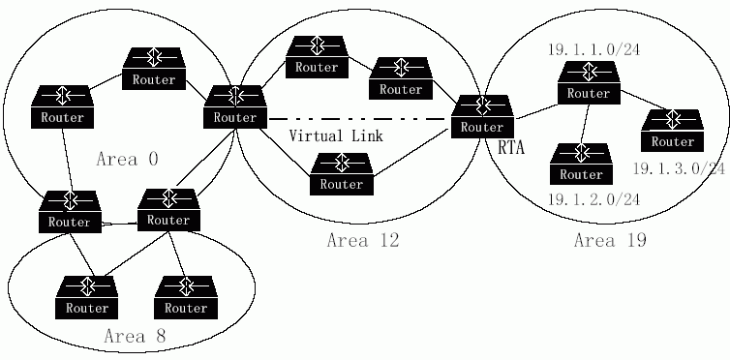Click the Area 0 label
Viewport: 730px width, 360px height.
[127, 160]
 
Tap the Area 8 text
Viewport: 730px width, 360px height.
[135, 336]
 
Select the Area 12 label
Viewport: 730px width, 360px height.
[363, 240]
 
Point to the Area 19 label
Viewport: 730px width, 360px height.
[610, 240]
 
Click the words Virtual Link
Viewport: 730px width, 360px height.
[336, 135]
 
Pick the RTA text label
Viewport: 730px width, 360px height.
[511, 148]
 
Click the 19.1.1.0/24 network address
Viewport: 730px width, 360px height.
[593, 49]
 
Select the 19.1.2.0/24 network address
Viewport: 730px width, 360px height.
[593, 200]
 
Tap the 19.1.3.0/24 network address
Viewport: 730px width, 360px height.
[680, 168]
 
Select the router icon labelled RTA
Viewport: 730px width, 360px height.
[482, 117]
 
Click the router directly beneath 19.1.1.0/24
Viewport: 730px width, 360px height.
[589, 83]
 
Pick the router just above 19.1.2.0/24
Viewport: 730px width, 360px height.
[581, 164]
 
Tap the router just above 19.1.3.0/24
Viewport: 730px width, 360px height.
[672, 131]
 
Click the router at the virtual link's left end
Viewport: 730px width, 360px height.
[235, 107]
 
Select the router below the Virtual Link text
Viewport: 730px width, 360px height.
[342, 173]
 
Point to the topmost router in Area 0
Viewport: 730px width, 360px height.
[154, 69]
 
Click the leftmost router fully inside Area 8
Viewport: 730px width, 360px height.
[87, 298]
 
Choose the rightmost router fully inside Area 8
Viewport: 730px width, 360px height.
[186, 298]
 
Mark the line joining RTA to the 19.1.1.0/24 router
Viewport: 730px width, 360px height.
[536, 112]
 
